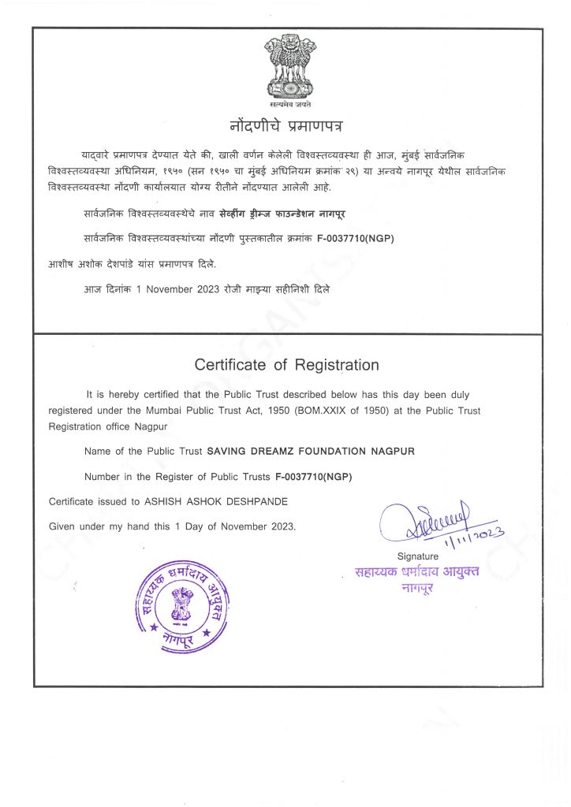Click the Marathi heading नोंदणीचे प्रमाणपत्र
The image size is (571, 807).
[x=286, y=125]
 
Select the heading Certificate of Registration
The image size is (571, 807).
[x=286, y=365]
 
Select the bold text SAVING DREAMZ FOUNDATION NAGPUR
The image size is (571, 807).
[x=310, y=452]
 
